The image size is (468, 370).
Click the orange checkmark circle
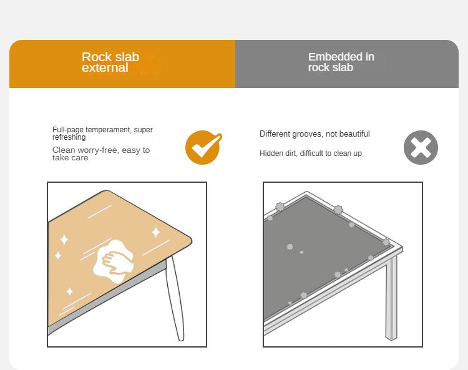203,147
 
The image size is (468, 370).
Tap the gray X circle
421,147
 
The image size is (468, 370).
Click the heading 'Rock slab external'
110,62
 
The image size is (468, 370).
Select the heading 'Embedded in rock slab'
341,62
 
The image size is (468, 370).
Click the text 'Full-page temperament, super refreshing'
102,133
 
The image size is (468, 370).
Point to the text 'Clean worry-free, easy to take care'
101,153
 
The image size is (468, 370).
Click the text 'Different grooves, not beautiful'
314,134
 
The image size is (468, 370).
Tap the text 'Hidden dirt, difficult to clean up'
310,153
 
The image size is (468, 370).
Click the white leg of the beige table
176,298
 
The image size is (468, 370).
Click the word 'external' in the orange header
105,67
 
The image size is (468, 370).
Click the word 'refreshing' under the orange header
69,137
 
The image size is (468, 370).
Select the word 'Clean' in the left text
63,150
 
